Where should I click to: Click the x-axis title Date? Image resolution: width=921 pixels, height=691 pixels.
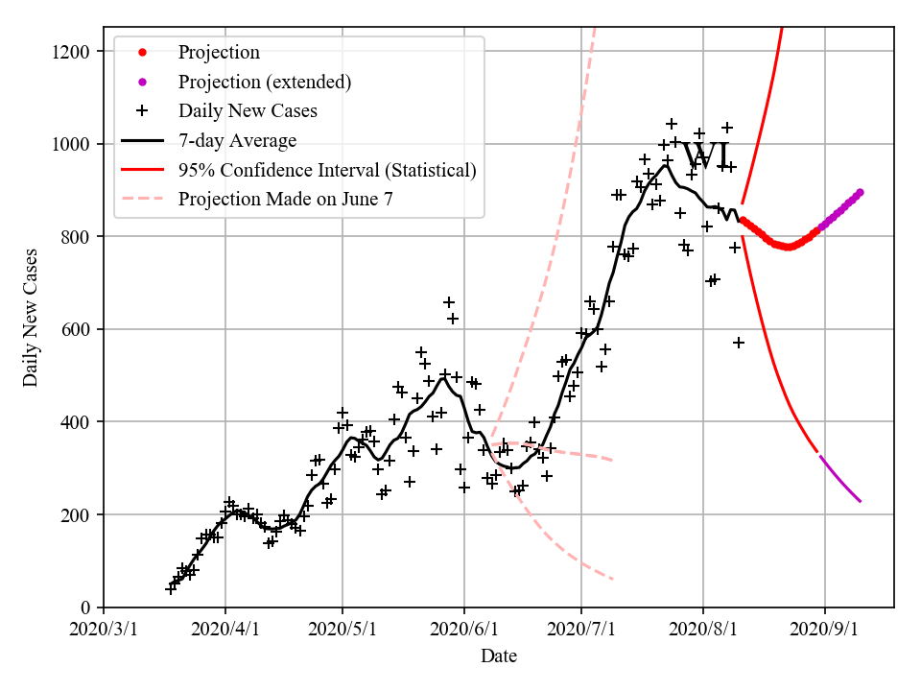[499, 656]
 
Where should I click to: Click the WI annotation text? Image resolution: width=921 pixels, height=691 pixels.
[707, 156]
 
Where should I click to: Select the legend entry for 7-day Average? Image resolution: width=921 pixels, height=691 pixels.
[237, 140]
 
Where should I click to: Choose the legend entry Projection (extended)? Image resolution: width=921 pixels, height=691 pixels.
[264, 82]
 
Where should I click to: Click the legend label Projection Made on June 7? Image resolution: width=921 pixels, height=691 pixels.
[285, 200]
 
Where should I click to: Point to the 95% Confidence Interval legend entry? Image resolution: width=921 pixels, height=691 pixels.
[326, 170]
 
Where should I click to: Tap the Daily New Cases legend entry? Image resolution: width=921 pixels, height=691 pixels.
[248, 110]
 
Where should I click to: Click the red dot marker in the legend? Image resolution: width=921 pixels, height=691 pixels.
[142, 52]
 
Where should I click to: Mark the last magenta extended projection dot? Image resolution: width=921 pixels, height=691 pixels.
[860, 192]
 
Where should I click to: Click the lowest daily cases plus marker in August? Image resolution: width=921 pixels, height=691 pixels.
[739, 343]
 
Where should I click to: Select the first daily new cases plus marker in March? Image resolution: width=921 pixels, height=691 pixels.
[171, 588]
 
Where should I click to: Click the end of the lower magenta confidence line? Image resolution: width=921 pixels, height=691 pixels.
[861, 501]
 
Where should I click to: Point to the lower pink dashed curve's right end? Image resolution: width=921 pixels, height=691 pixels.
[612, 579]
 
